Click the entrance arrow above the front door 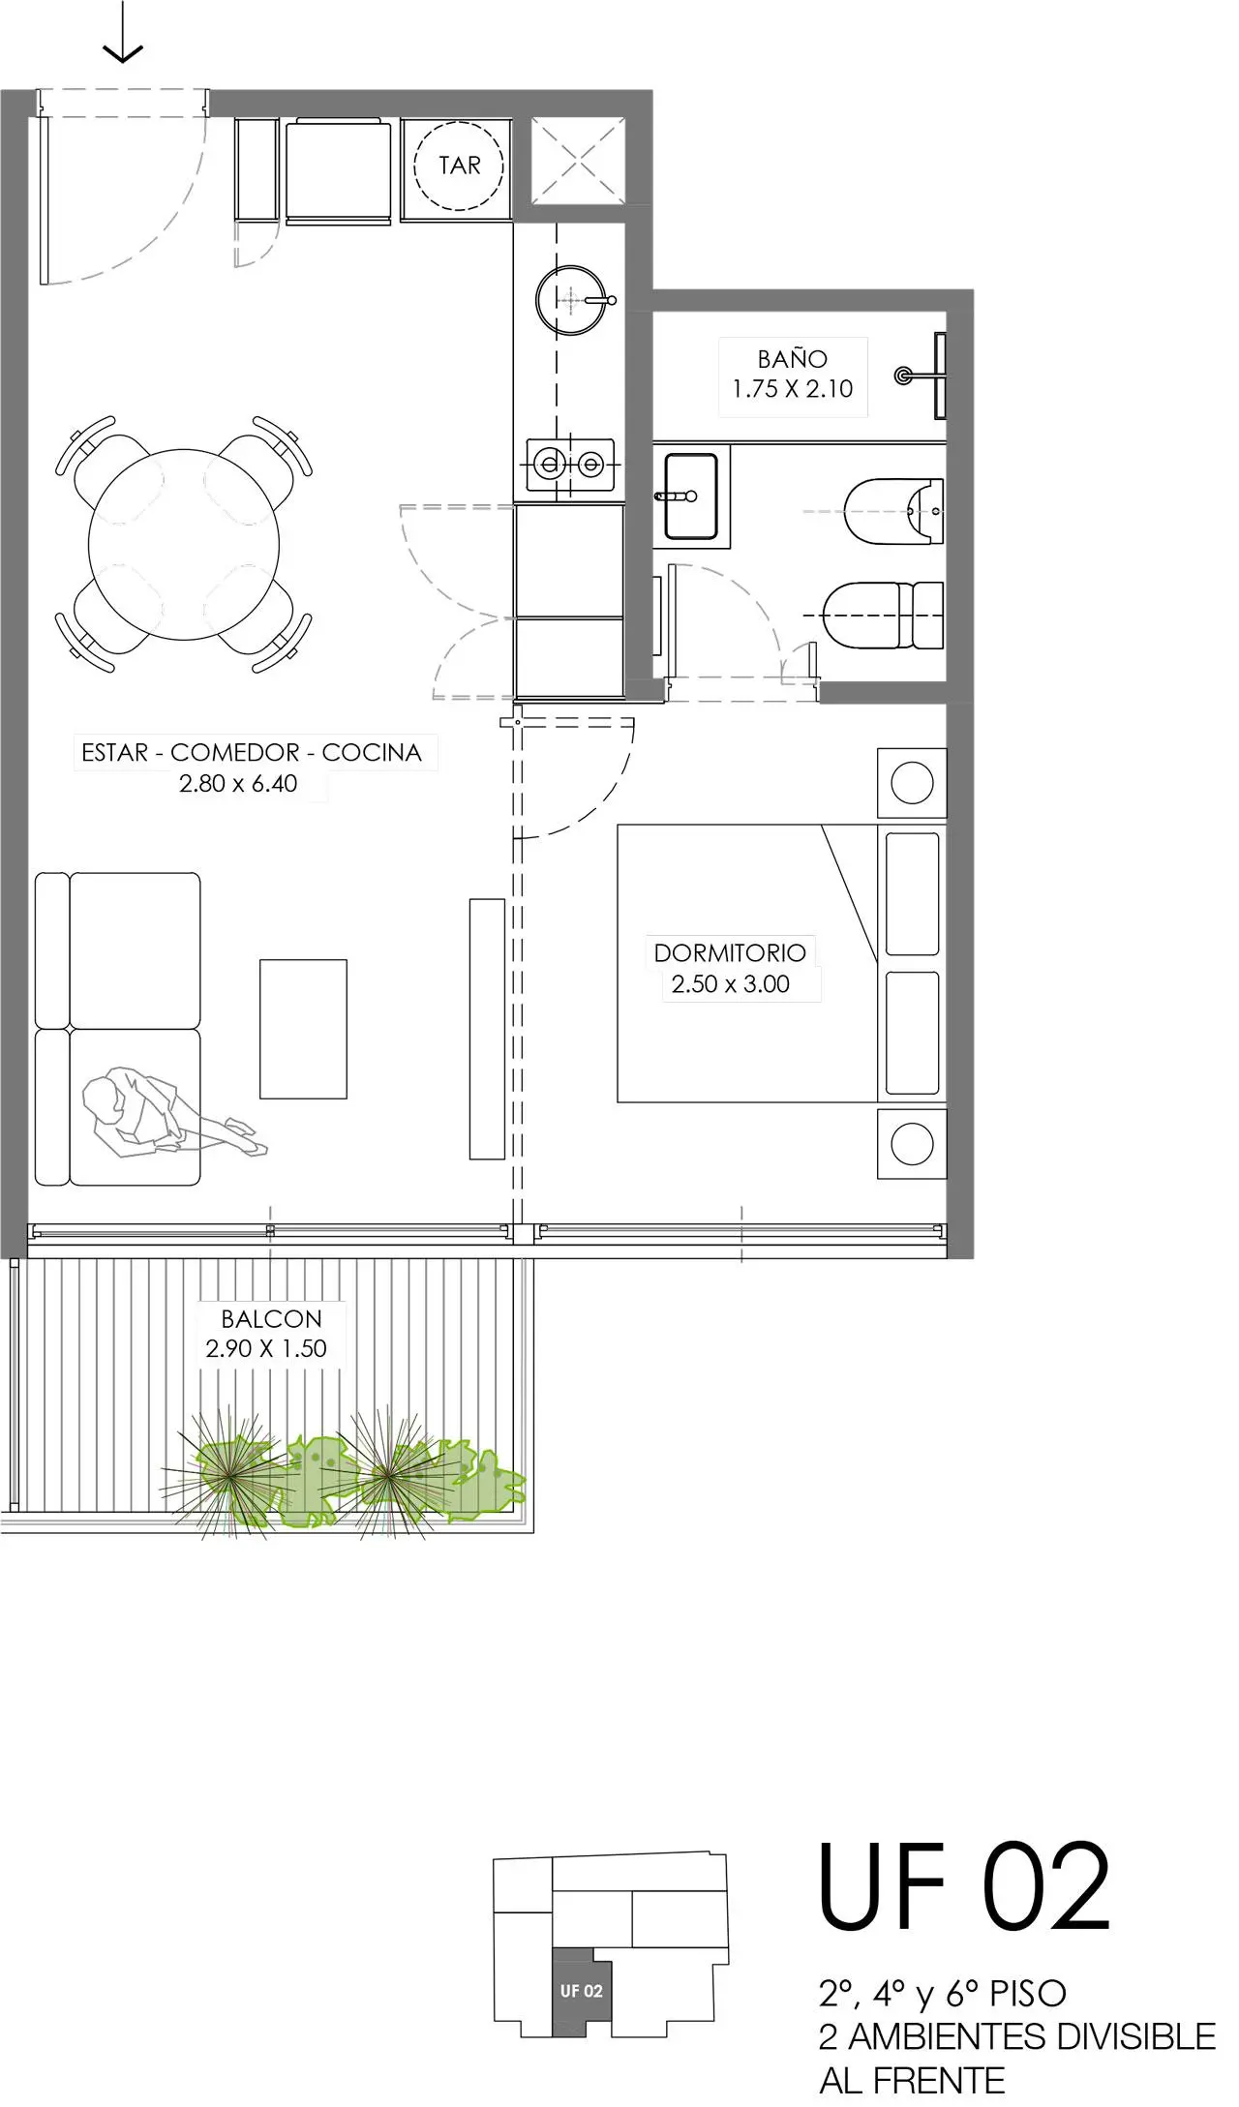[x=123, y=33]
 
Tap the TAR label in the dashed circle [x=459, y=166]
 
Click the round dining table [x=184, y=543]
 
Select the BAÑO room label [x=792, y=359]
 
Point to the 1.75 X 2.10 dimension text [x=792, y=389]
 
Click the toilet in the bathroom [x=883, y=616]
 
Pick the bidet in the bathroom [x=893, y=510]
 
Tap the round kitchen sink [x=572, y=300]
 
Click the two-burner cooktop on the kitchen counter [x=571, y=465]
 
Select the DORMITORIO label [x=730, y=953]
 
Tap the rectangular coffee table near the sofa [x=303, y=1029]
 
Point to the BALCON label [x=271, y=1318]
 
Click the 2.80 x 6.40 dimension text [x=238, y=784]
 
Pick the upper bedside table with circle [x=912, y=783]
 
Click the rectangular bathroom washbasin [x=691, y=496]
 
